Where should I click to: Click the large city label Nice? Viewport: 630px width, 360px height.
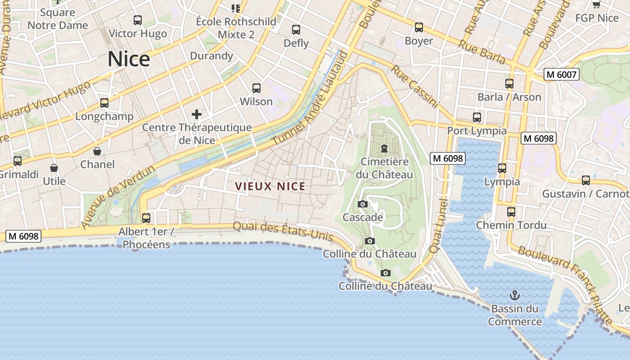(x=129, y=59)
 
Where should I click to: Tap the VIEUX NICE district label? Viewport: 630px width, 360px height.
(x=270, y=186)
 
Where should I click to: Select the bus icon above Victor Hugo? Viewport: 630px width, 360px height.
(x=138, y=20)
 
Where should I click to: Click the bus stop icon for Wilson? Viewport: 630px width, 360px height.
(x=256, y=88)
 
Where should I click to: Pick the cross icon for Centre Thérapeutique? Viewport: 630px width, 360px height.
(x=197, y=114)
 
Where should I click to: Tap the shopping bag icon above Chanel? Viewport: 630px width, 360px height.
(x=97, y=151)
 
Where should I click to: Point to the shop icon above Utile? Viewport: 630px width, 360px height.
(x=54, y=168)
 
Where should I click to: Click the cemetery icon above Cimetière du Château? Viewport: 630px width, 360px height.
(x=384, y=148)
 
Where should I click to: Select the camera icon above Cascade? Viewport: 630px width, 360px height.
(x=363, y=204)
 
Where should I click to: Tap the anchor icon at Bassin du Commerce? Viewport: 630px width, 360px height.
(x=514, y=295)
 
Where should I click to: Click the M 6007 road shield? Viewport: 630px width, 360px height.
(x=561, y=74)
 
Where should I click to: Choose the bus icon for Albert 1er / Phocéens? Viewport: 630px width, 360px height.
(x=146, y=218)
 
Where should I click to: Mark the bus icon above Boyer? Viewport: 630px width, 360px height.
(x=419, y=27)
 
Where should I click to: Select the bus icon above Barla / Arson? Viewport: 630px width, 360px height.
(x=509, y=84)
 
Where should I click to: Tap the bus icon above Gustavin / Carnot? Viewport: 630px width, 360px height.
(x=586, y=180)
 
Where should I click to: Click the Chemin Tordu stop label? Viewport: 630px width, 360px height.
(x=511, y=225)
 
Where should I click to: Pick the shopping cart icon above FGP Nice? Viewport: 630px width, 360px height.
(x=597, y=5)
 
